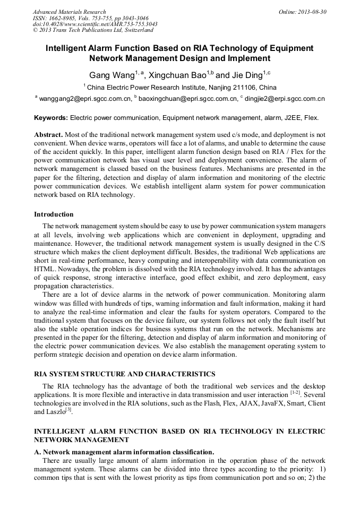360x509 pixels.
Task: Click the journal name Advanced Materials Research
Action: click(69, 12)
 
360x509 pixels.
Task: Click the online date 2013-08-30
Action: click(310, 12)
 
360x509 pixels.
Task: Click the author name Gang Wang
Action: click(109, 75)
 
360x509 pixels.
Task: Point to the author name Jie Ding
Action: click(247, 75)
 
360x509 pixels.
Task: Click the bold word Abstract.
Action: click(48, 135)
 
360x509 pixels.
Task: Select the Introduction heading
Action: click(54, 214)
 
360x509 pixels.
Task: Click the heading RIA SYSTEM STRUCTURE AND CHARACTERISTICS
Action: click(125, 374)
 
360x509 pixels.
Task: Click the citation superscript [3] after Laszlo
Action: click(68, 409)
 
